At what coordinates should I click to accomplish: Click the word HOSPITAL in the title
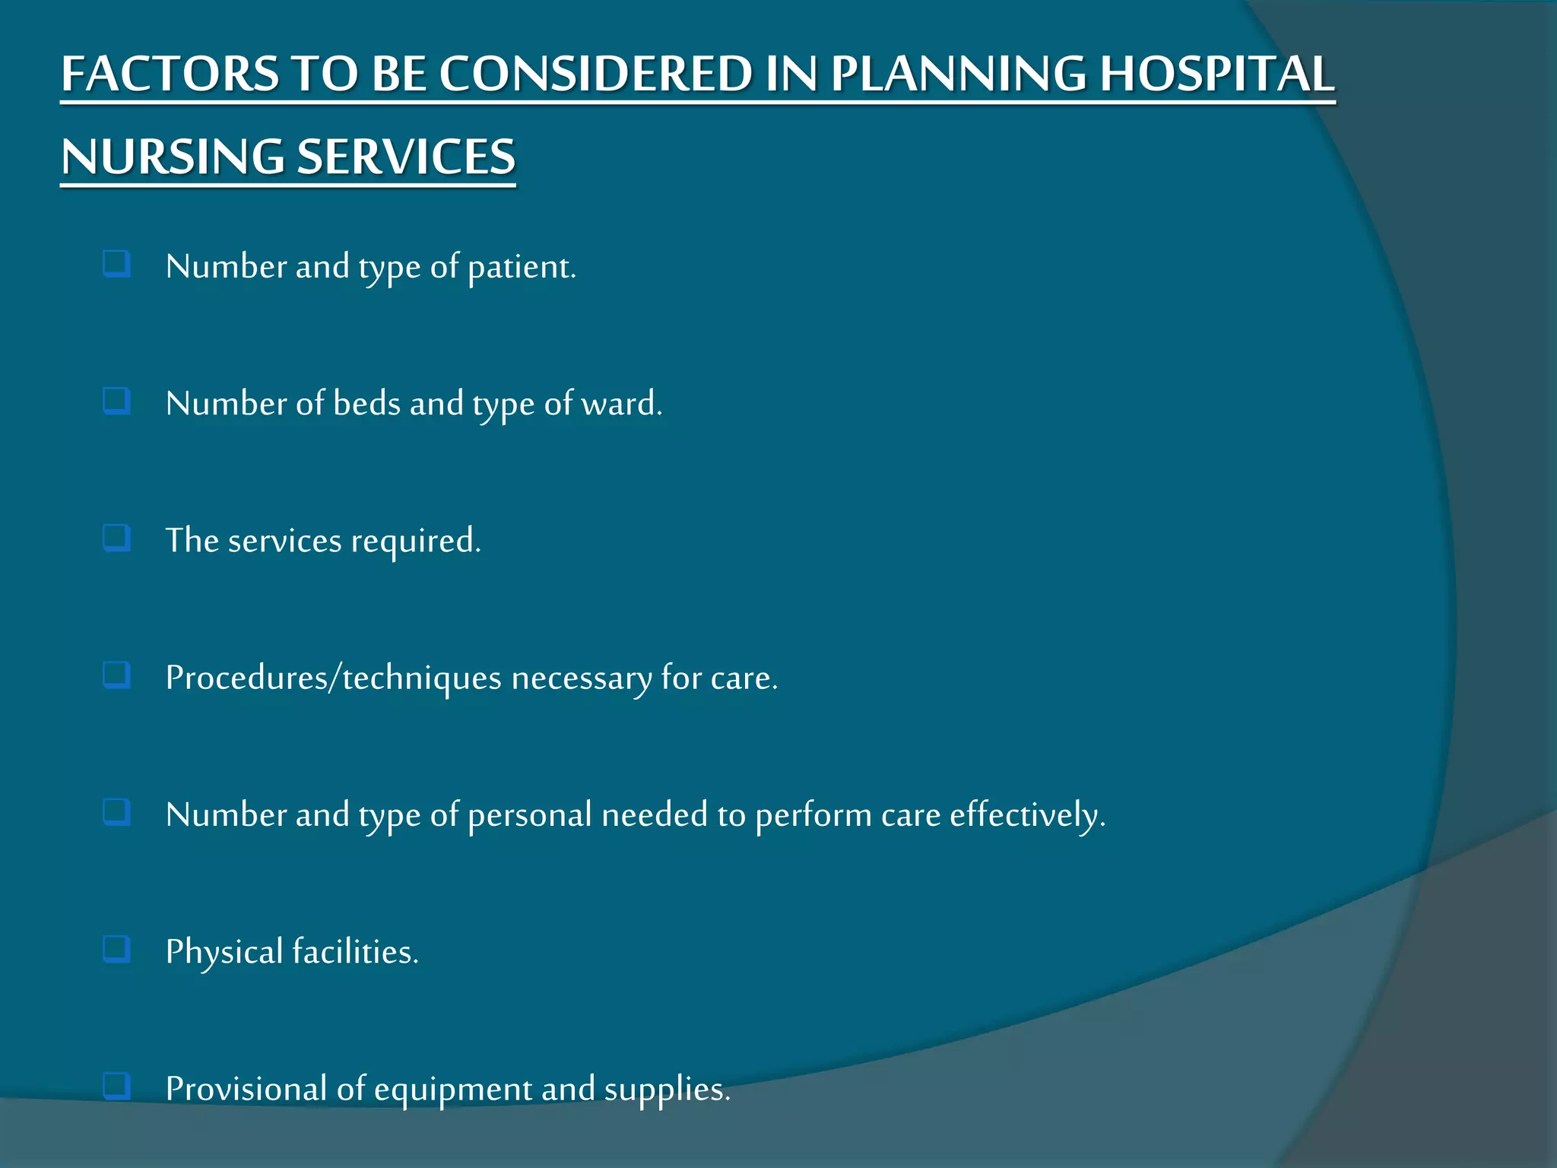click(1216, 75)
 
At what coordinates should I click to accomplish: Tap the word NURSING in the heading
click(173, 157)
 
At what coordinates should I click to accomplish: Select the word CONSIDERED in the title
click(595, 75)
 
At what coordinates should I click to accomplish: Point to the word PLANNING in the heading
click(958, 75)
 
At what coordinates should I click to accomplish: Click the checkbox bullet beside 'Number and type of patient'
click(116, 265)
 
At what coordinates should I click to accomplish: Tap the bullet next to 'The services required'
click(116, 538)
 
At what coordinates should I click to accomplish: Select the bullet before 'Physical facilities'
click(116, 949)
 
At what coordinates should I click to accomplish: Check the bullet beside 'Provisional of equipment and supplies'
click(116, 1086)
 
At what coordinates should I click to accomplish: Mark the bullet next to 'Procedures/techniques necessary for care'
click(116, 675)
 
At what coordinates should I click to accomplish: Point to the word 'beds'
click(366, 403)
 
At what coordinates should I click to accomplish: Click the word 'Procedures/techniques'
click(333, 678)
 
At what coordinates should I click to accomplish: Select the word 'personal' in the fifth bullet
click(529, 815)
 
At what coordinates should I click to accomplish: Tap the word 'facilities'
click(354, 952)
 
